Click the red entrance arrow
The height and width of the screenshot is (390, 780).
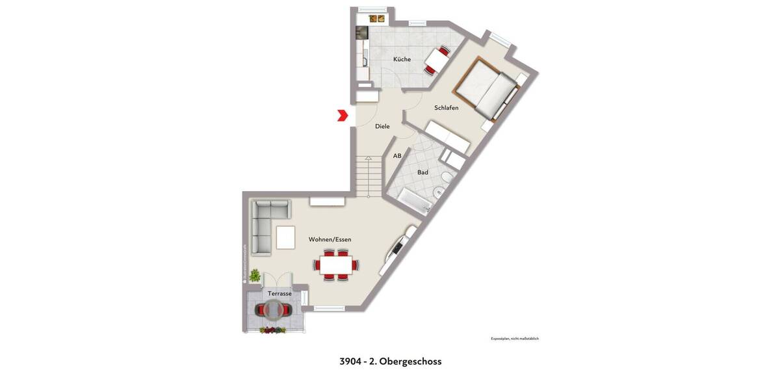(343, 116)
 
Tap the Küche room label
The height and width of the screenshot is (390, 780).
(402, 59)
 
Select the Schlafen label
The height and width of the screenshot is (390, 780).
(447, 108)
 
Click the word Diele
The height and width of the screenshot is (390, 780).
(382, 126)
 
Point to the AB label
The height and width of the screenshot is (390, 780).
(397, 156)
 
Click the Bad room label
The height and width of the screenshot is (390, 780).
(422, 172)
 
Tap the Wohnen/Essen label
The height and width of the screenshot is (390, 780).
(330, 239)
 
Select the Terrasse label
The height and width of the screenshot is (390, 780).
(279, 294)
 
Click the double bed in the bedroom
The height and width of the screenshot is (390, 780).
(491, 90)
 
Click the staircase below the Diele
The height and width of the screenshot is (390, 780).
(369, 176)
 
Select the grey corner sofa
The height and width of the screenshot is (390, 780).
(263, 226)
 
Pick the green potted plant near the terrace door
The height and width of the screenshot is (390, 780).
(255, 276)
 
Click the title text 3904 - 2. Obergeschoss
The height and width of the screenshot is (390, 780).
(390, 361)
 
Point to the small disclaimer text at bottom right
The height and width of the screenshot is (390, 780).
(514, 339)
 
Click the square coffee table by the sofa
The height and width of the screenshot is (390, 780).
(285, 237)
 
